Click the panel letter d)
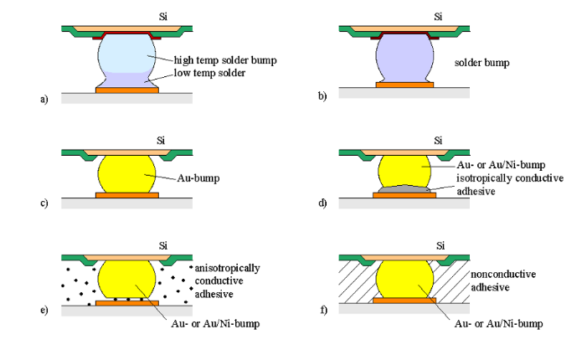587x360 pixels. point(322,203)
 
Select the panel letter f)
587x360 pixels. point(322,311)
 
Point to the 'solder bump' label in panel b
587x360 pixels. point(481,63)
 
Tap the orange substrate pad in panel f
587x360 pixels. point(404,300)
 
